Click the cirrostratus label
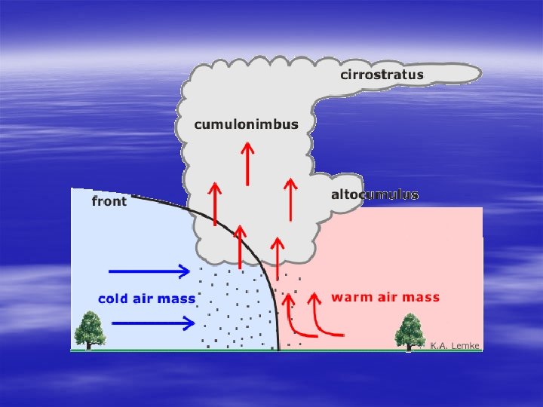click(x=382, y=75)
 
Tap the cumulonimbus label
click(x=246, y=124)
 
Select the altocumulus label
click(x=375, y=194)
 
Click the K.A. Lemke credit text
click(x=455, y=345)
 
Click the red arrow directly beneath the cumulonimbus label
click(x=247, y=164)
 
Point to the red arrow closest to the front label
click(x=215, y=203)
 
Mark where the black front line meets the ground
click(x=279, y=350)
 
